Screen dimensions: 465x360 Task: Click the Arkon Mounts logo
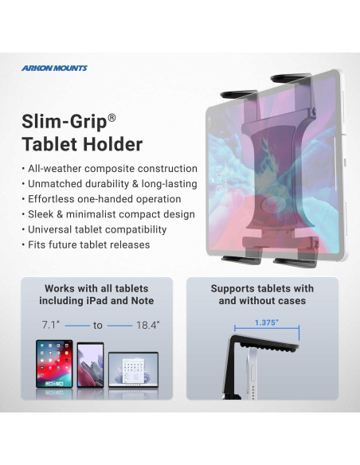click(x=55, y=68)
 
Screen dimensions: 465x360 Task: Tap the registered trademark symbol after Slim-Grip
click(x=112, y=116)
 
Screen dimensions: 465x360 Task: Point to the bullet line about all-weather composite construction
click(x=111, y=169)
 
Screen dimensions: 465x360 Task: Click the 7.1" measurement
click(x=49, y=326)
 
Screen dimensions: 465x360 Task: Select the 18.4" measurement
click(x=148, y=326)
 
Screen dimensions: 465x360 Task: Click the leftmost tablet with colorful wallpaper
click(x=53, y=364)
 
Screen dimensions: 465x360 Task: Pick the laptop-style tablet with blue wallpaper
click(x=134, y=369)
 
